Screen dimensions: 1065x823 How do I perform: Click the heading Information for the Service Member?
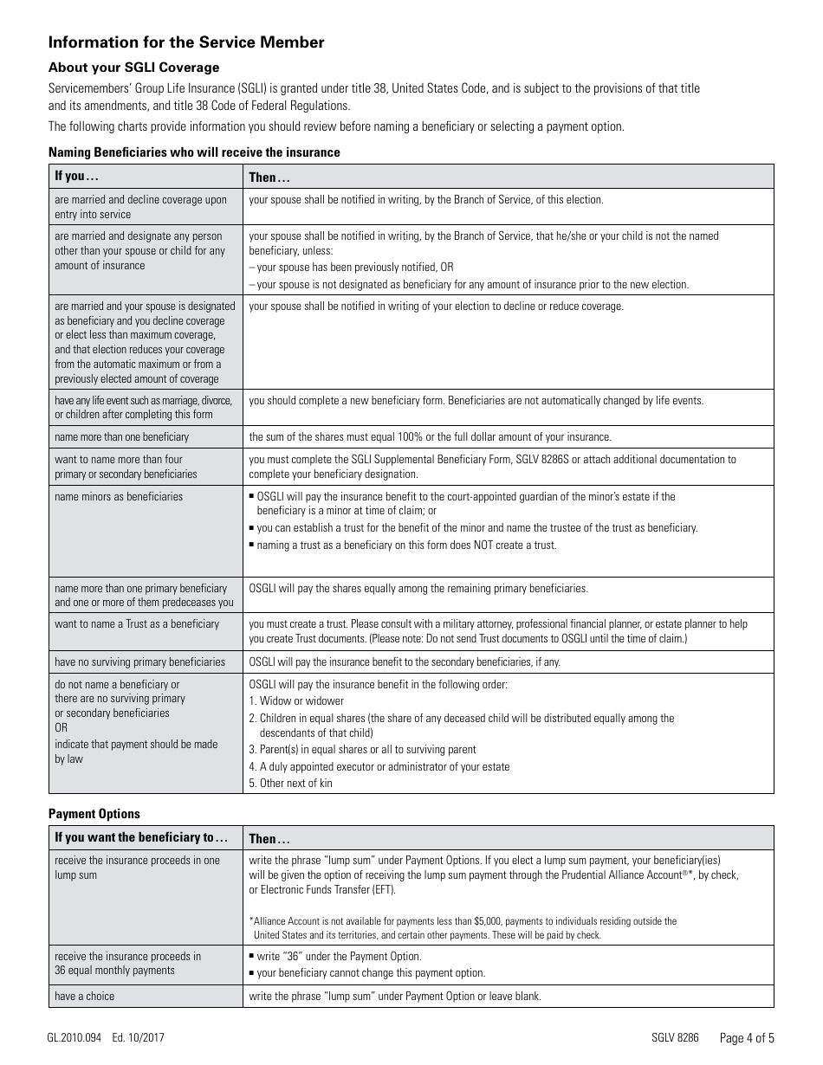click(186, 42)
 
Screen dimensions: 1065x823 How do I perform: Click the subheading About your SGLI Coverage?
click(133, 68)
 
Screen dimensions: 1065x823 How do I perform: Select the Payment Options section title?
click(94, 814)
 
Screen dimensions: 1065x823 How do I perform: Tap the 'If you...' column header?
click(76, 177)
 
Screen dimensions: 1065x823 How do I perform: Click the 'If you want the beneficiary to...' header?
click(141, 838)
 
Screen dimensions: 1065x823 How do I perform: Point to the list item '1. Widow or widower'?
click(296, 700)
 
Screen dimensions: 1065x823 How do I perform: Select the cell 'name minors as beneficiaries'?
click(119, 496)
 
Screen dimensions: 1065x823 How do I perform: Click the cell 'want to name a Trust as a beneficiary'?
click(137, 623)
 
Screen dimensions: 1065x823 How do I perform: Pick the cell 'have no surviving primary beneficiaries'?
click(139, 662)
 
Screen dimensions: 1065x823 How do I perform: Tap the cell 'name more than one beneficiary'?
click(121, 436)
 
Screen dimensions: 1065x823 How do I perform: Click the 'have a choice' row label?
click(84, 996)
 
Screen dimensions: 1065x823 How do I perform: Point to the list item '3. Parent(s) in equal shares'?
click(362, 750)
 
